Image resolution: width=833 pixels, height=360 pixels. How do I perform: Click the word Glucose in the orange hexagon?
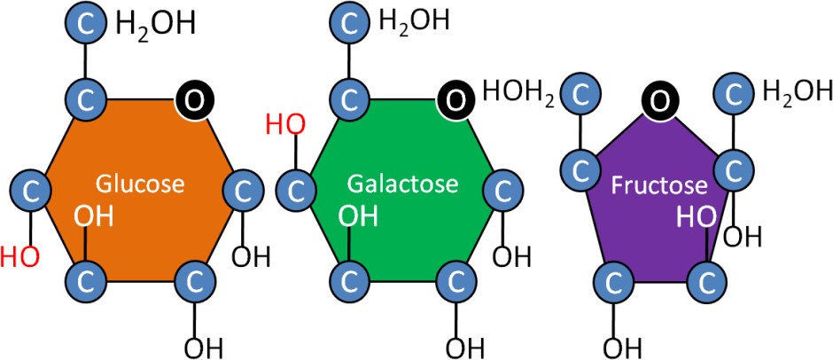140,184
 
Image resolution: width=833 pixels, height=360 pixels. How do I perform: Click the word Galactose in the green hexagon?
402,184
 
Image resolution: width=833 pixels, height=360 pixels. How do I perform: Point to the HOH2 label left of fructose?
519,91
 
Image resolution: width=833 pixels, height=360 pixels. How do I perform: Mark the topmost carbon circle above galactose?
348,24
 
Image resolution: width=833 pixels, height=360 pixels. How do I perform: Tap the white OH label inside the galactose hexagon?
358,215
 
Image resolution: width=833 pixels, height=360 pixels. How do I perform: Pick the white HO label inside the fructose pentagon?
696,216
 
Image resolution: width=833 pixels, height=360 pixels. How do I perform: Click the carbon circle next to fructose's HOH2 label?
583,93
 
